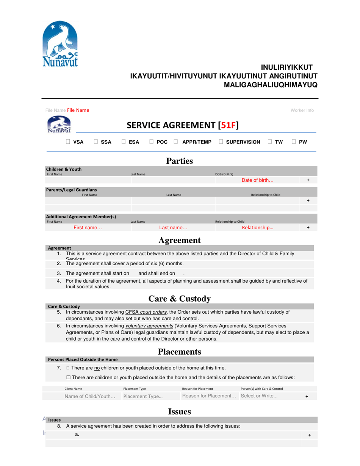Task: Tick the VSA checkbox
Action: coord(68,142)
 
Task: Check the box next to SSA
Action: coord(96,142)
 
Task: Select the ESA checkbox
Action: coord(124,142)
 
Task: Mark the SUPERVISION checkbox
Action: coord(221,142)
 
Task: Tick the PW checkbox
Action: coord(294,142)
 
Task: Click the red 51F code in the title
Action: coord(227,125)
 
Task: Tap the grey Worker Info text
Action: coord(302,110)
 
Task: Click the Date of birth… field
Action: coord(257,180)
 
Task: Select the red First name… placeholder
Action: coord(88,228)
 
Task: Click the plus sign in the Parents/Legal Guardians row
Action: coord(308,200)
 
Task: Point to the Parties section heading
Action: coord(180,161)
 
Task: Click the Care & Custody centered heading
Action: coord(180,299)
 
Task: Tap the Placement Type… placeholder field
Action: coord(142,396)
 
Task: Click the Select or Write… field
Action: coord(259,396)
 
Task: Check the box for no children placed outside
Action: coord(68,368)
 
